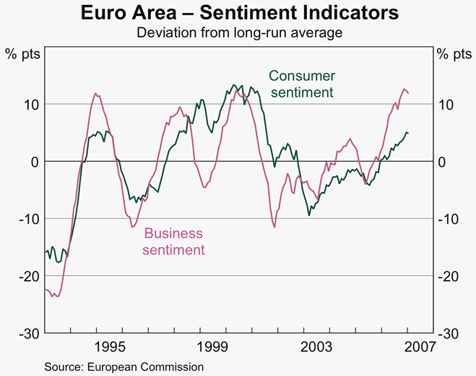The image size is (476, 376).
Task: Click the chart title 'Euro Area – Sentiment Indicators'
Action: pyautogui.click(x=238, y=13)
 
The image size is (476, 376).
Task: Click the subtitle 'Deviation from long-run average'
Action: pyautogui.click(x=238, y=32)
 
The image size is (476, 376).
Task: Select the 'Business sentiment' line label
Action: pyautogui.click(x=173, y=242)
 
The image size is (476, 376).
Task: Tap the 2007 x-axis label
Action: pyautogui.click(x=419, y=345)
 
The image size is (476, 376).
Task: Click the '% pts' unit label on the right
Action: pyautogui.click(x=454, y=53)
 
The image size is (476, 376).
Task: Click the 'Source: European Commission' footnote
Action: pyautogui.click(x=124, y=367)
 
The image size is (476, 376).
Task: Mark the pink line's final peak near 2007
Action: pyautogui.click(x=404, y=89)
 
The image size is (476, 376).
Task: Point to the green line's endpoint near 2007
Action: pyautogui.click(x=408, y=133)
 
